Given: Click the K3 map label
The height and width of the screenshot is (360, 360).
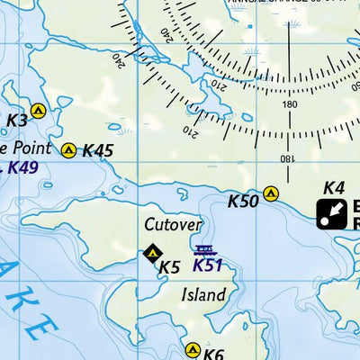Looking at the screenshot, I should [x=17, y=120].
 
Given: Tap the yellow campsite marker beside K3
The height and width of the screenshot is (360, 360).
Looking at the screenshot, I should [x=38, y=112].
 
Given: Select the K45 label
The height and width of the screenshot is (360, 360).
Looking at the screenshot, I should [x=97, y=150].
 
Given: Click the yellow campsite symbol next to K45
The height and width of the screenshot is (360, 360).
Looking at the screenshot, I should [x=68, y=149].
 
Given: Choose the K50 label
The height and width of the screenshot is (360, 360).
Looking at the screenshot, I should [x=243, y=201].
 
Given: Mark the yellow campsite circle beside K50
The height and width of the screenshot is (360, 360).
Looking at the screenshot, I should [x=271, y=193].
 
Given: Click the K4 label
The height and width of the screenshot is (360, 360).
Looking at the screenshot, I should [x=334, y=188].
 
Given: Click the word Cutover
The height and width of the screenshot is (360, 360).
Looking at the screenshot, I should [x=173, y=224].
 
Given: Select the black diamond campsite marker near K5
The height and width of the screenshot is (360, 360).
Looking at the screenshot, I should [x=152, y=254].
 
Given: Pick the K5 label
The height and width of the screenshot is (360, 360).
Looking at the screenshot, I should [x=170, y=266].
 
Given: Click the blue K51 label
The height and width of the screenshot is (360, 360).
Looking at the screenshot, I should [x=207, y=265].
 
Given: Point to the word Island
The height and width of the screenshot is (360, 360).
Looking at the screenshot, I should [x=203, y=294].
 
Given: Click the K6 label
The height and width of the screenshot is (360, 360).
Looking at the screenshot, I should [x=213, y=354].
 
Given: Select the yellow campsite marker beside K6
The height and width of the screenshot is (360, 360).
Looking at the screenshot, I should [x=192, y=349].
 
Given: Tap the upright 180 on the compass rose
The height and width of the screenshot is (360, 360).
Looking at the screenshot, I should [x=289, y=104].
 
